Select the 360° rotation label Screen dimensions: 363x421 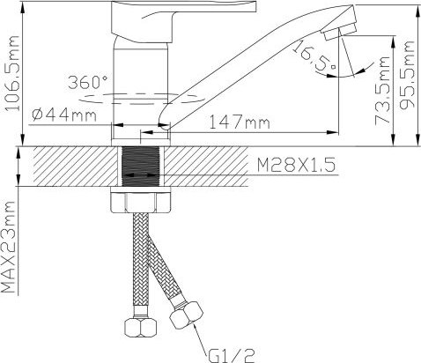pos(88,82)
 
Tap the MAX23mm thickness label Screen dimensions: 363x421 pos(10,248)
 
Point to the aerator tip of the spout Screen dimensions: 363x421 pos(333,32)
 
